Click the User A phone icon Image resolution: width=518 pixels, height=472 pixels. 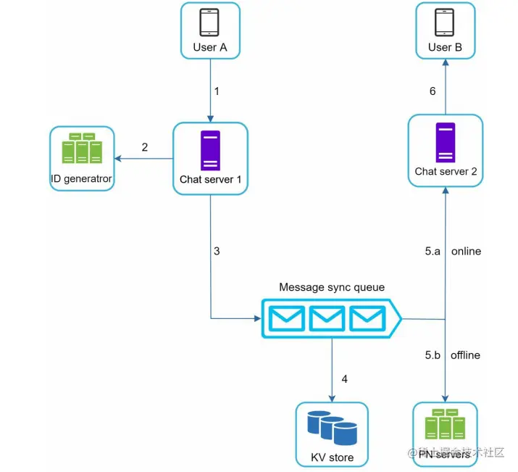click(x=210, y=22)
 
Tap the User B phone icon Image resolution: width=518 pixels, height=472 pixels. click(x=445, y=22)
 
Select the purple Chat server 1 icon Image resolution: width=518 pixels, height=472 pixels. click(x=210, y=150)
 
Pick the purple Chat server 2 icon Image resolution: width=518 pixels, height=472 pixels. click(x=446, y=142)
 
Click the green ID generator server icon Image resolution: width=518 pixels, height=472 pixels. click(x=82, y=148)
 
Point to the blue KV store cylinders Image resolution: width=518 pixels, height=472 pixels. click(x=332, y=428)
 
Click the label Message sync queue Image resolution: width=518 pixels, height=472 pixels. click(x=332, y=288)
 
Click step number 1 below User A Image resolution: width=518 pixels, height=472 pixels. click(x=216, y=91)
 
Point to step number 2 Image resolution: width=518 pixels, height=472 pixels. click(x=145, y=147)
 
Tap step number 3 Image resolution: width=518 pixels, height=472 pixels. click(x=216, y=252)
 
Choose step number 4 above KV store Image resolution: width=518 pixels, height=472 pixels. click(x=345, y=379)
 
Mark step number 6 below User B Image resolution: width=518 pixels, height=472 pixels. click(x=433, y=91)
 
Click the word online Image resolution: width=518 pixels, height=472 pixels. click(x=466, y=252)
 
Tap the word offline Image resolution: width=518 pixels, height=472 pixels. click(x=465, y=355)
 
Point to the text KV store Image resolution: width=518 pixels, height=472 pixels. click(x=332, y=457)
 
